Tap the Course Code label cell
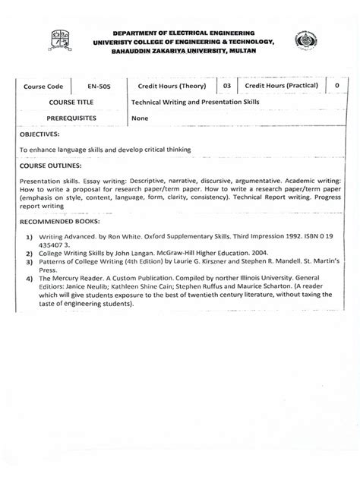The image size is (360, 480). [x=44, y=87]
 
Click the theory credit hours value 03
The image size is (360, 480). [x=226, y=87]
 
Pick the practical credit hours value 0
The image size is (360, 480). [x=336, y=87]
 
